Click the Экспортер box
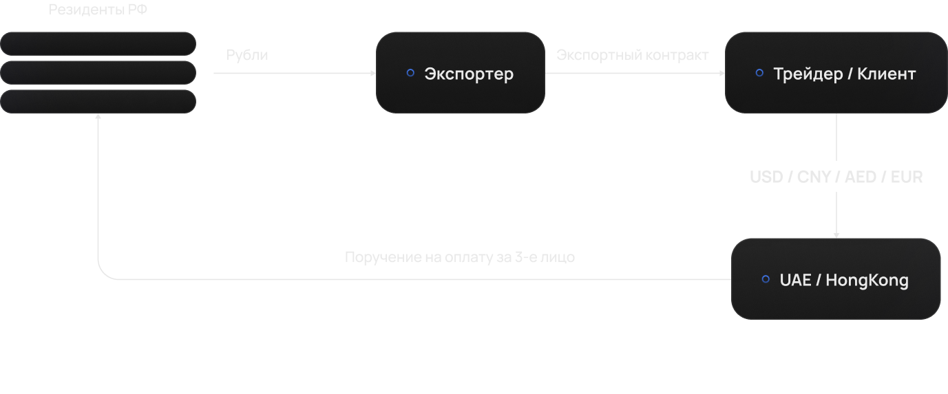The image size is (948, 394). coord(460,73)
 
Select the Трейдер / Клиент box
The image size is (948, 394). coord(836,73)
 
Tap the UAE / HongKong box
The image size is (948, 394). coord(836,279)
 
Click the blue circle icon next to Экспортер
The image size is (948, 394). coord(410,72)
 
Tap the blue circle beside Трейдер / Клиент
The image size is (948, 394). coord(759,72)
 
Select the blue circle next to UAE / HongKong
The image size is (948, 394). coord(766,279)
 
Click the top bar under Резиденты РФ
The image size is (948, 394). coord(98,43)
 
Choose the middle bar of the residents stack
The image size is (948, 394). coord(98,72)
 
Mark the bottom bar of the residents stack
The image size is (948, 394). coord(98,101)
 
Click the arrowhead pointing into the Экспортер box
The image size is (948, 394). coord(372,73)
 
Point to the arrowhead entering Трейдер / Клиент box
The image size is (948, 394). coord(721,73)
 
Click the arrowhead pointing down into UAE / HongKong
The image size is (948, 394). coord(836,234)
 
